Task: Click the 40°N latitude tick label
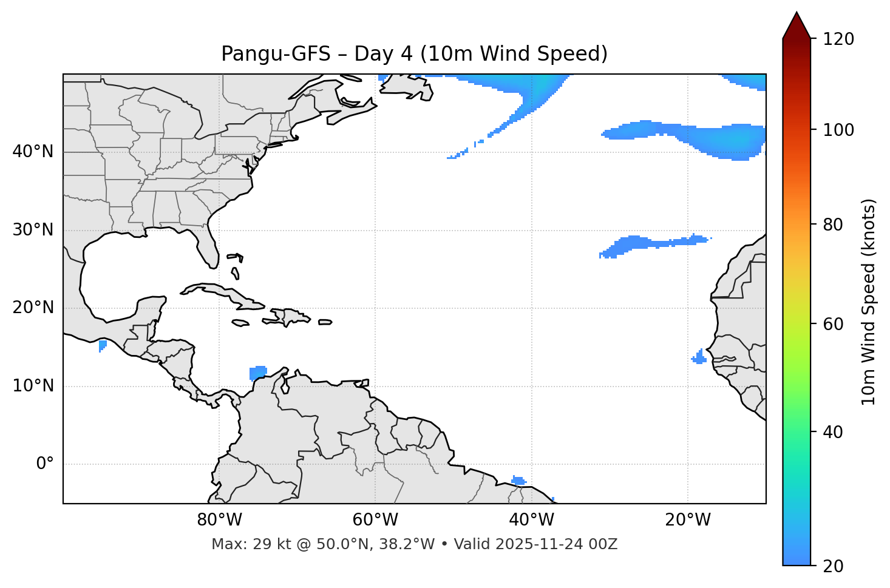[33, 152]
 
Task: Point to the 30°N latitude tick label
[33, 230]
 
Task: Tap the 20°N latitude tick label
[33, 308]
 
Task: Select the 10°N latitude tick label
[33, 386]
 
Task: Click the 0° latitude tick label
[45, 464]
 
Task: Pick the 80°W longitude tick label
[219, 520]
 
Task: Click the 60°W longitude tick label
[375, 520]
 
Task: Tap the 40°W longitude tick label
[532, 520]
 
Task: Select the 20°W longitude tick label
[688, 520]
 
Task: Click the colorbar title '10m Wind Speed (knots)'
[869, 302]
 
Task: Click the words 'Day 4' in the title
[383, 54]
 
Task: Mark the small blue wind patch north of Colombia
[258, 372]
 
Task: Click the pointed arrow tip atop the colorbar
[797, 15]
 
